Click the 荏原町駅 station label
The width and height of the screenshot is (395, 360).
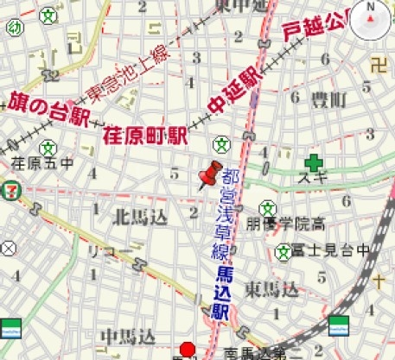click(x=146, y=136)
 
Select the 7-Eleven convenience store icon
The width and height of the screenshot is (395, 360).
click(x=10, y=190)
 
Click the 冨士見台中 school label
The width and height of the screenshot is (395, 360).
click(x=334, y=251)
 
